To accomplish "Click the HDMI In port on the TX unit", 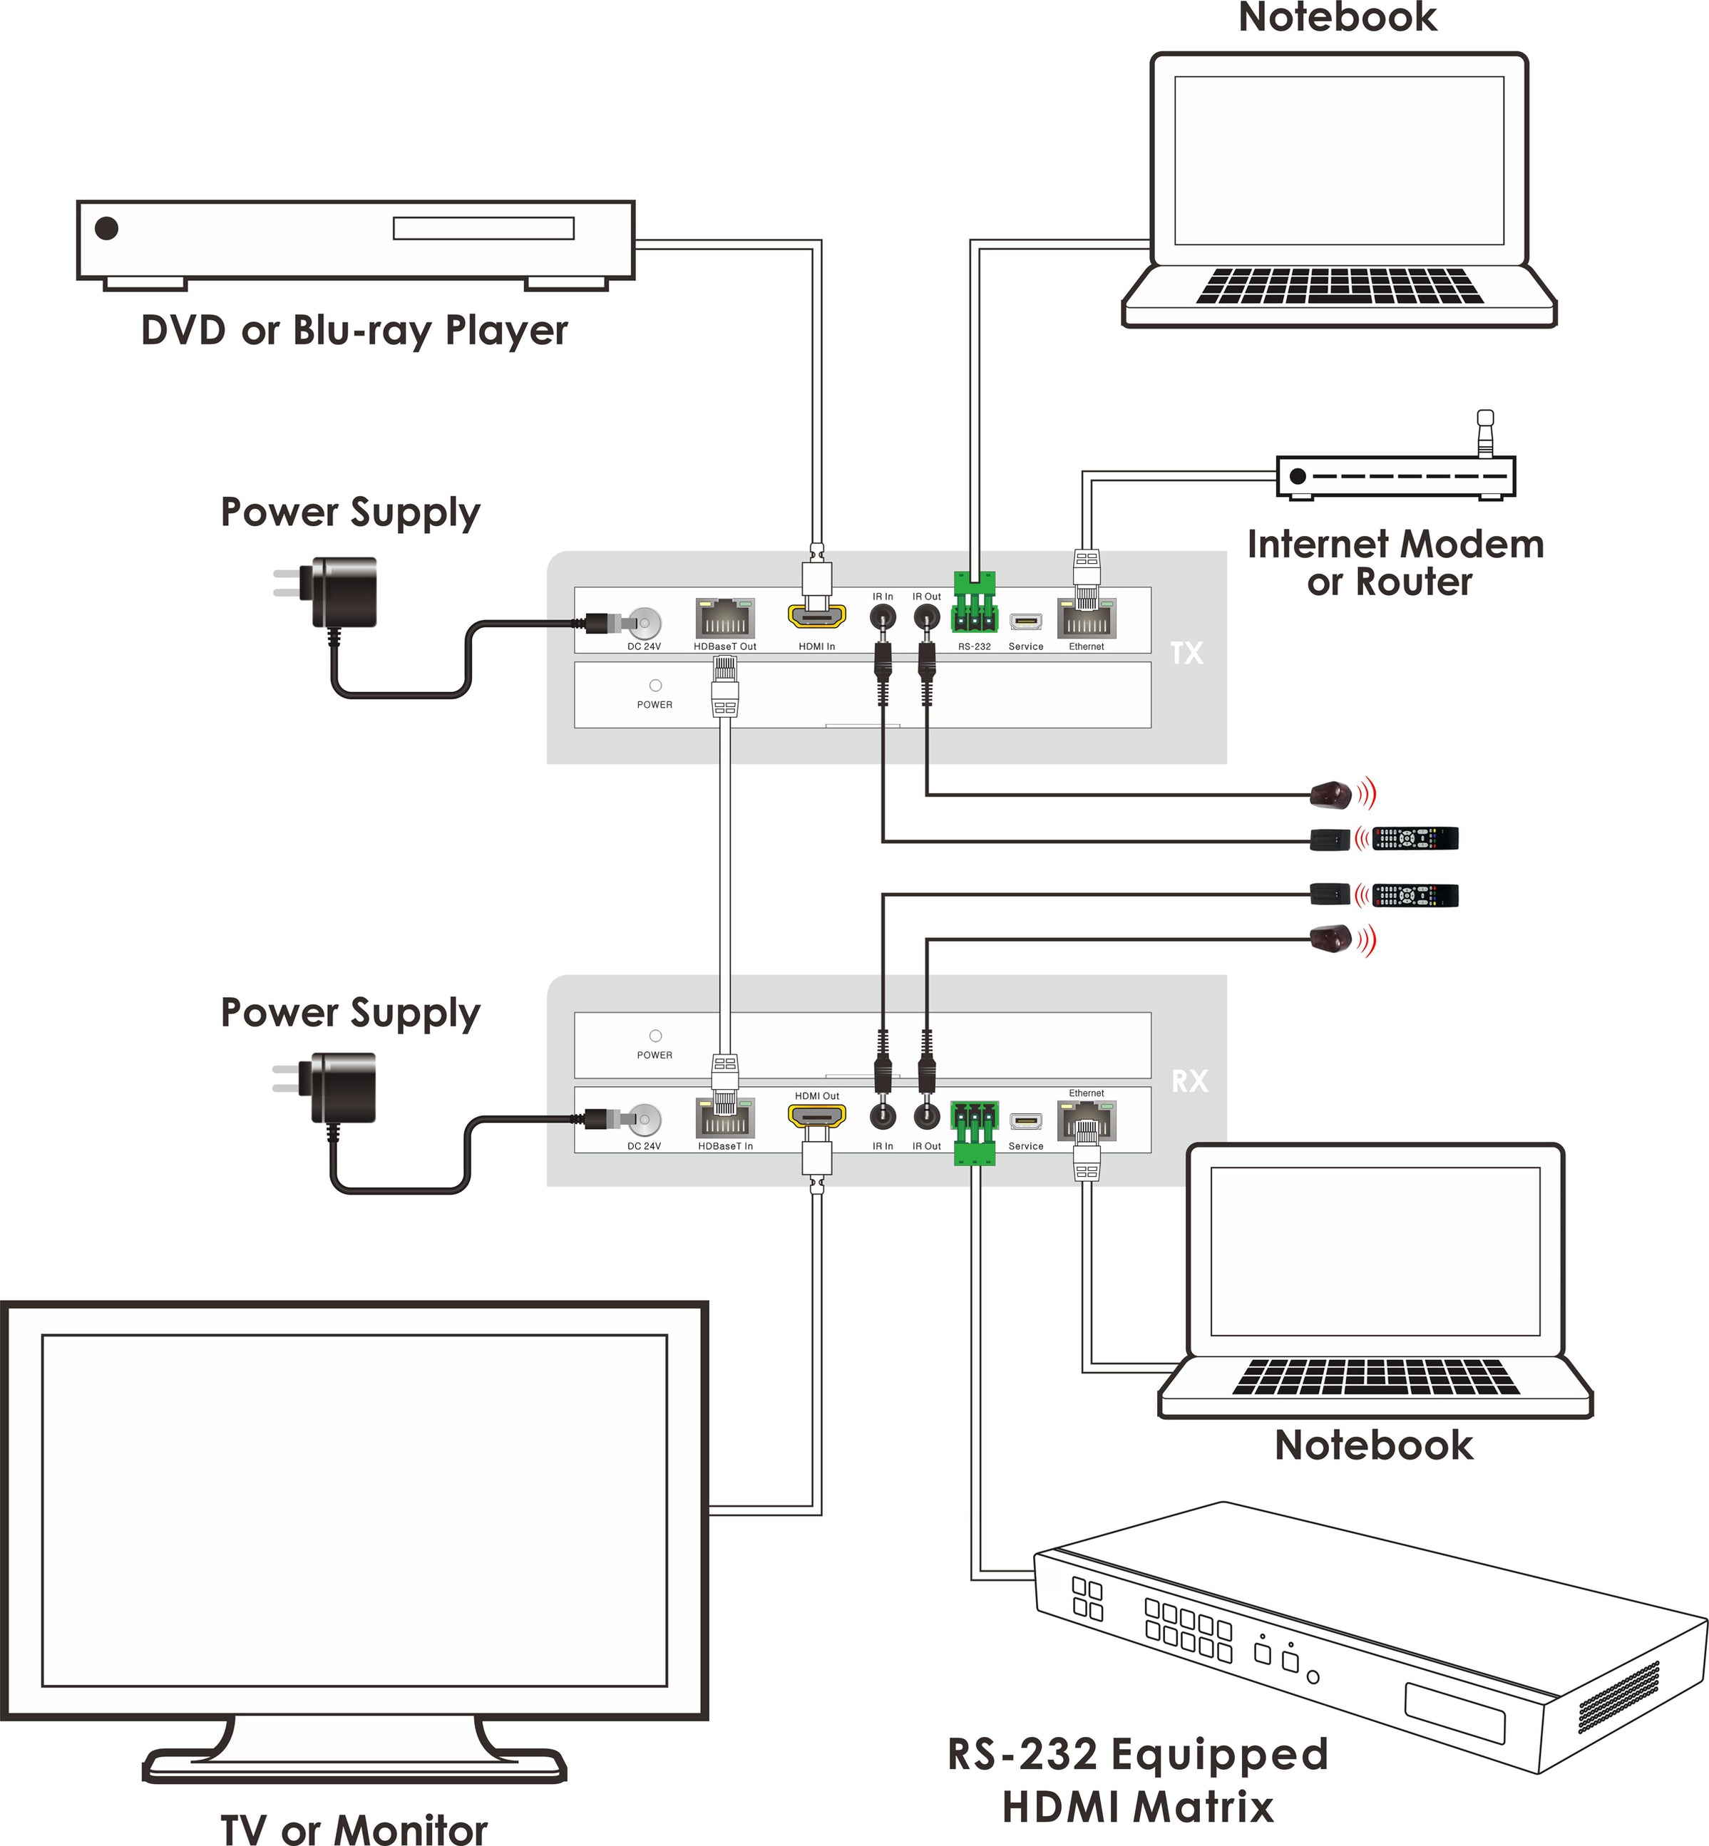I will click(816, 617).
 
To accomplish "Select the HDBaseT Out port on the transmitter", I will click(725, 619).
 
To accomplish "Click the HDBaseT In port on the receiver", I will click(725, 1118).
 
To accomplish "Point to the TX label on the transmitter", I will click(1186, 654).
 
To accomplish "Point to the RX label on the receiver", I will click(1189, 1081).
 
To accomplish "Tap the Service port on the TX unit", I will click(1025, 622).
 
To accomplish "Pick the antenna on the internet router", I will click(1485, 433).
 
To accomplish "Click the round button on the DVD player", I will click(107, 227).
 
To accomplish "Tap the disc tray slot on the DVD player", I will click(483, 228).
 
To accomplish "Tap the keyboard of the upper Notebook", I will click(1339, 287).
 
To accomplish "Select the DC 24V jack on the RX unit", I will click(645, 1120).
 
